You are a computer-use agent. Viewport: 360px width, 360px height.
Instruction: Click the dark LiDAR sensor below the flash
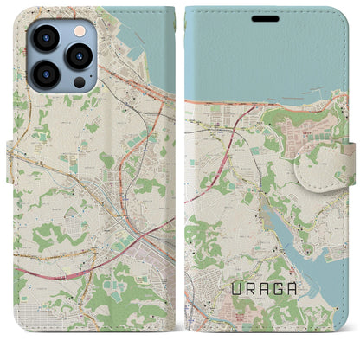point(79,82)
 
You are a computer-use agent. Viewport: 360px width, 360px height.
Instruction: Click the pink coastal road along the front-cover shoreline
point(234,103)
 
